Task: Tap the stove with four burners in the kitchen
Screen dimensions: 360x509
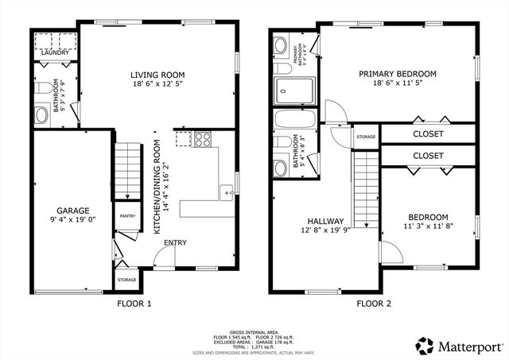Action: [202, 139]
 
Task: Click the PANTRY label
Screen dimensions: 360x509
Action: [126, 215]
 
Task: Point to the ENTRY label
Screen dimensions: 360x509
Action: [175, 243]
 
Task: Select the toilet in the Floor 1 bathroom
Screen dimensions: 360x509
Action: [42, 114]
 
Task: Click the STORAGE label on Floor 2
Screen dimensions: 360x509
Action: [366, 137]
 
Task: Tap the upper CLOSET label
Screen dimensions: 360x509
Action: [428, 134]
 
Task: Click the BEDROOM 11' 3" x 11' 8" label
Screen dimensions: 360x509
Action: [428, 222]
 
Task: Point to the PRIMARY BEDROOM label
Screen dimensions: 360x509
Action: [398, 74]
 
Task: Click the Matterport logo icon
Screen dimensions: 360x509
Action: [425, 345]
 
